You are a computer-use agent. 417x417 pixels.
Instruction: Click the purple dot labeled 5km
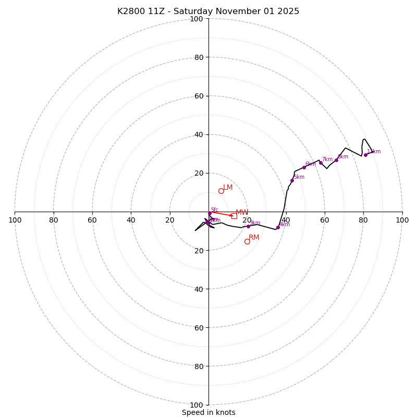tap(292, 180)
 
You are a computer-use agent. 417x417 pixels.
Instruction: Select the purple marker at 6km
tap(304, 167)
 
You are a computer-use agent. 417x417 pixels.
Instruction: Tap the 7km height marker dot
tap(321, 163)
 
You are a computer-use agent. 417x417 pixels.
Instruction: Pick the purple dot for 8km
tap(336, 160)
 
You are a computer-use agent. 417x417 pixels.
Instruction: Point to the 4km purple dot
tap(278, 227)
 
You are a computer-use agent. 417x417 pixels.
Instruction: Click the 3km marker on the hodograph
tap(248, 226)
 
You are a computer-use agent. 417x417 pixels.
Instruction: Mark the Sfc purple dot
tap(210, 213)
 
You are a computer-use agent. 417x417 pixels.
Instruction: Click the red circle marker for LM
tap(221, 191)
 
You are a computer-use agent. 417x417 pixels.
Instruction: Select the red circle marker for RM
tap(247, 241)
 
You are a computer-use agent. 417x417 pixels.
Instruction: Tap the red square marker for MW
tap(234, 216)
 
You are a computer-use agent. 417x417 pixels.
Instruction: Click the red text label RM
tap(254, 238)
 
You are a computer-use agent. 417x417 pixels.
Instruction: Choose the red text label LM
tap(228, 188)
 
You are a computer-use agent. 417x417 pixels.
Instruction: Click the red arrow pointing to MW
tap(222, 214)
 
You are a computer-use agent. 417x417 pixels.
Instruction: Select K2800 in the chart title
tap(131, 11)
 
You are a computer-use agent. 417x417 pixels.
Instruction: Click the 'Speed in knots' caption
tap(208, 412)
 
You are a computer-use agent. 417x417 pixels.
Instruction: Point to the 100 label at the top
tap(197, 19)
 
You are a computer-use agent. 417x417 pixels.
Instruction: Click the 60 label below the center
tap(197, 328)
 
